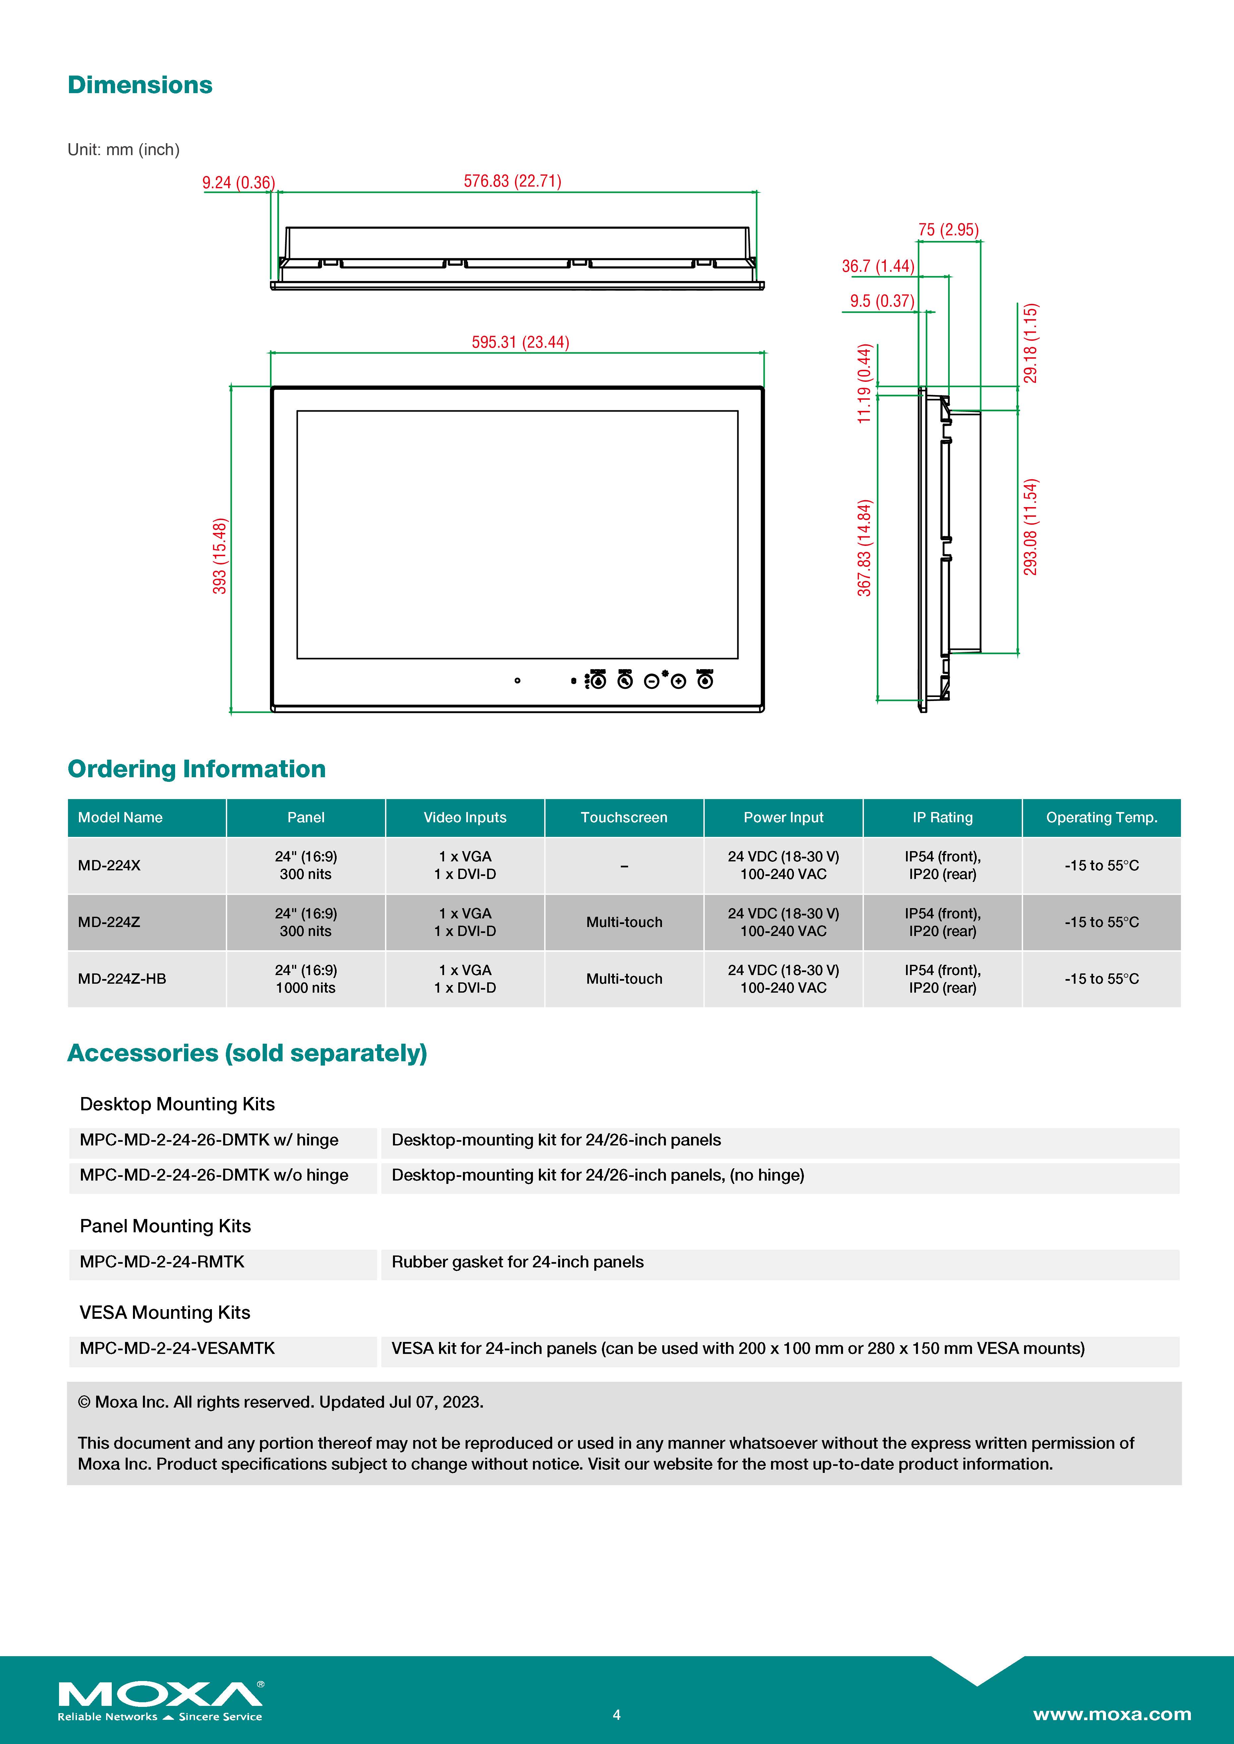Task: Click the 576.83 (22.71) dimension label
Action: (x=512, y=181)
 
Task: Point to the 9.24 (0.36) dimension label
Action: (x=238, y=182)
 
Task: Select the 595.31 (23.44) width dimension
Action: (x=520, y=342)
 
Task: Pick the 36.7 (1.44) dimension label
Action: (x=877, y=266)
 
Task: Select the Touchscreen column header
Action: (x=624, y=817)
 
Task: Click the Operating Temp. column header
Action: (x=1101, y=817)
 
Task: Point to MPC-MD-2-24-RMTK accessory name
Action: (x=162, y=1262)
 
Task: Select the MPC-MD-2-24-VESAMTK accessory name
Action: (x=177, y=1348)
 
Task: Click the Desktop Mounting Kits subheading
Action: (x=177, y=1104)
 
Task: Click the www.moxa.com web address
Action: (x=1112, y=1715)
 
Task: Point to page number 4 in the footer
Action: (x=616, y=1715)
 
